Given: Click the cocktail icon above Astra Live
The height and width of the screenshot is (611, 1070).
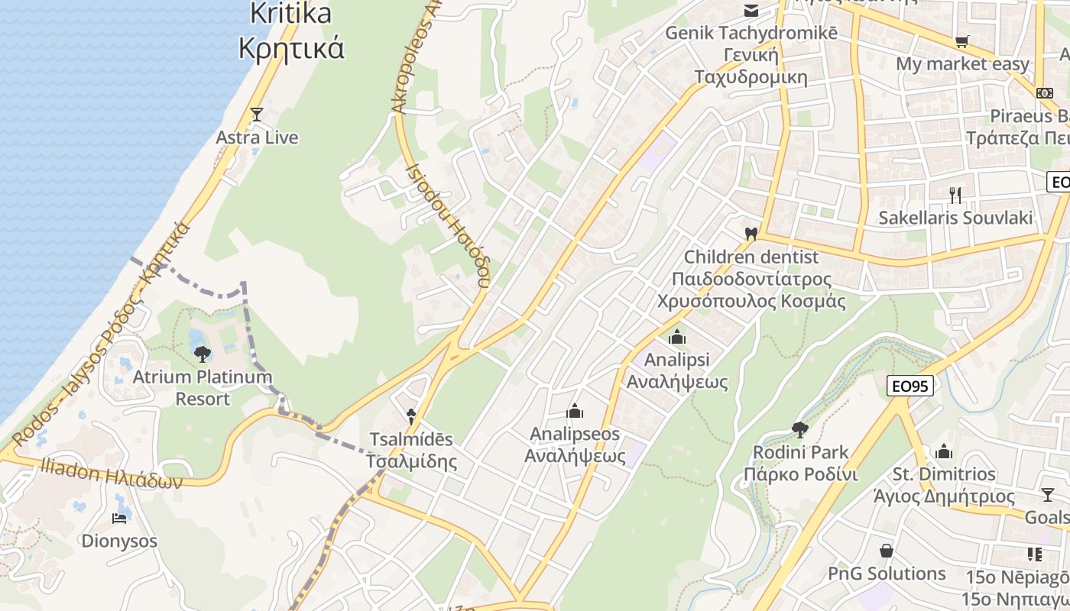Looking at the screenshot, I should [257, 115].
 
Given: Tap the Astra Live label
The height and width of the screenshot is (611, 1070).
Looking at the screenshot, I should [257, 138].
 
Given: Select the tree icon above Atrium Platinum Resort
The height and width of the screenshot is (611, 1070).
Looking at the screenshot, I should [203, 354].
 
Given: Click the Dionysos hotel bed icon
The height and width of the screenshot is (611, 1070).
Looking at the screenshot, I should [119, 519].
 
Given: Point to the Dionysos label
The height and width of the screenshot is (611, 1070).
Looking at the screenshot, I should [119, 541].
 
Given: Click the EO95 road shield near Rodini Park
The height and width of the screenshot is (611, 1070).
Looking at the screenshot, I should [910, 386].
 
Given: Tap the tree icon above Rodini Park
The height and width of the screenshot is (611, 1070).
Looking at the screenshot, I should [800, 429].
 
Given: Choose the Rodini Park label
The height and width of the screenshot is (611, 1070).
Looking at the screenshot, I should [801, 463].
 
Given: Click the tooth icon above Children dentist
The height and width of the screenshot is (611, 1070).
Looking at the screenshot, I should [751, 234].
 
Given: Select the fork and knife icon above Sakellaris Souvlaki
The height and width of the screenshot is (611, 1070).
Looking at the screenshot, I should [955, 195].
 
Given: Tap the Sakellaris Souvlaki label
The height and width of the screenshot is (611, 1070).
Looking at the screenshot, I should [955, 218].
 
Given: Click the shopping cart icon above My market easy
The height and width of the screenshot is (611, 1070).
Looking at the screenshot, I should [961, 41].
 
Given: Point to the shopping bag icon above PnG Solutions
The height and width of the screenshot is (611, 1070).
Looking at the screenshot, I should [887, 551].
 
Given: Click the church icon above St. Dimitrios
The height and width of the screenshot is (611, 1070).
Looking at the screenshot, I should [944, 451].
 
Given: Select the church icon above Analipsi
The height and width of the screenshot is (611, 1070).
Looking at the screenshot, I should [677, 337].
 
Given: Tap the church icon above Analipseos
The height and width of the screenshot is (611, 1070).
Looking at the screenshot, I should [575, 412].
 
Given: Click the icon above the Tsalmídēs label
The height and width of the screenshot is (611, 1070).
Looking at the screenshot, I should [411, 417].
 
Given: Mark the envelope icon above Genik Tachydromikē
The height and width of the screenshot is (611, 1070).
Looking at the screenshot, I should [751, 11].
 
